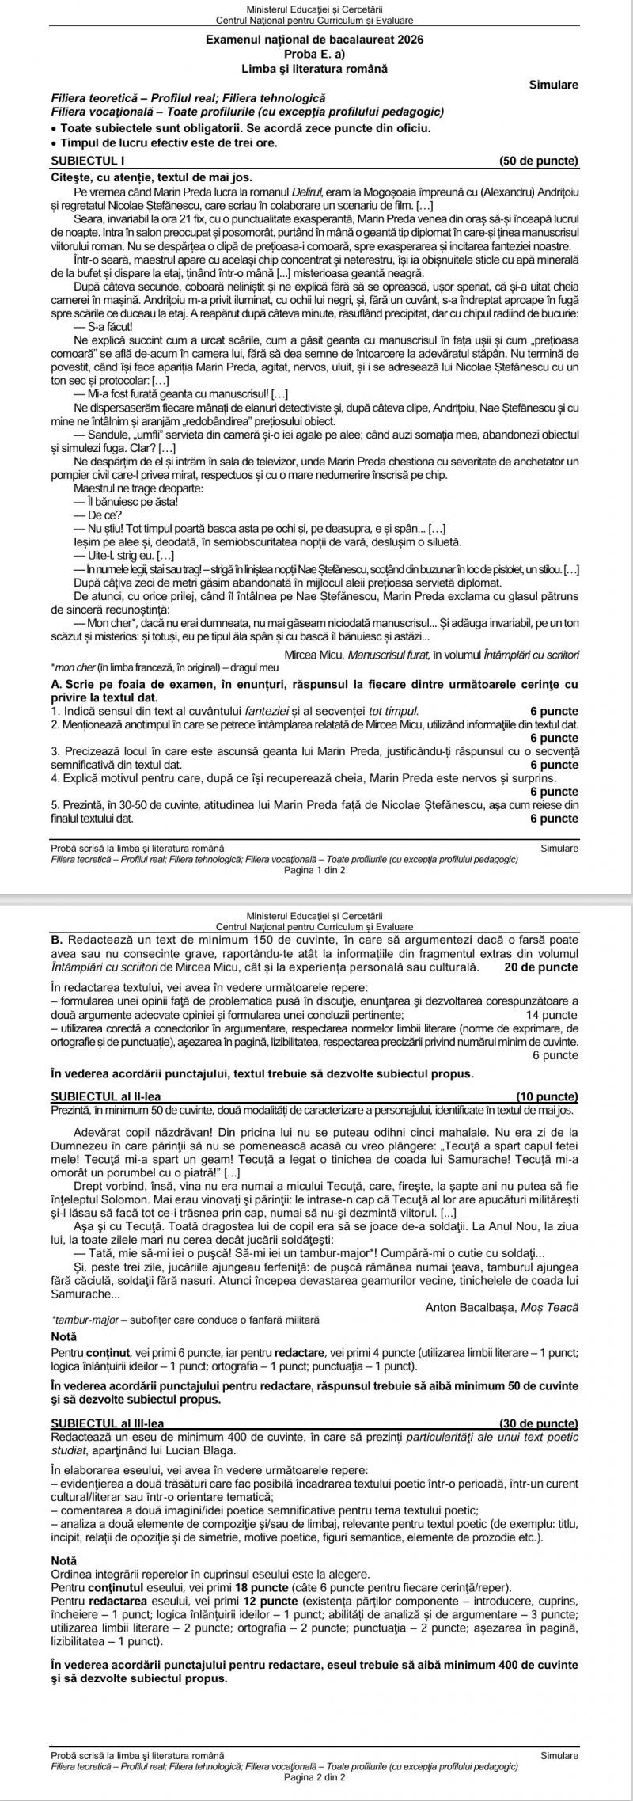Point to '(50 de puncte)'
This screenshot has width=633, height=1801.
click(540, 161)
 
